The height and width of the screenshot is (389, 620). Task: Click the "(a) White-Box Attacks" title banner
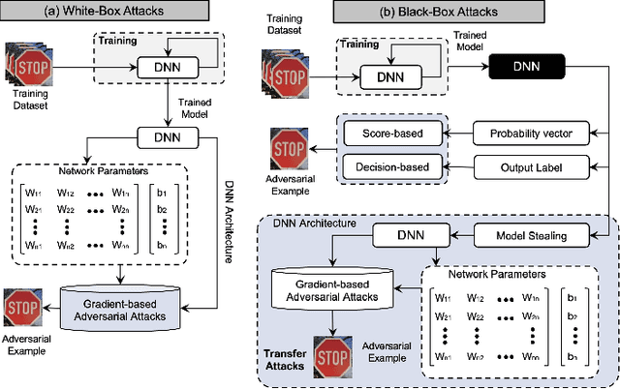coord(117,12)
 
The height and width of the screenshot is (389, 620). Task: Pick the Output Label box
coord(528,165)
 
